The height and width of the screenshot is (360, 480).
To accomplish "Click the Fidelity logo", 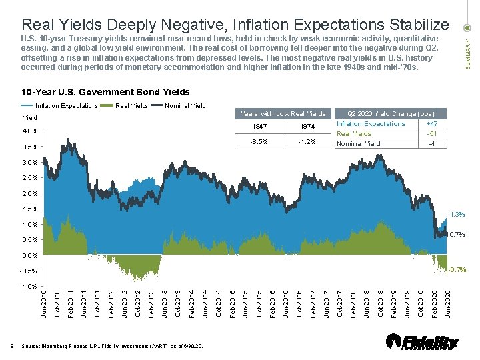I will (423, 341).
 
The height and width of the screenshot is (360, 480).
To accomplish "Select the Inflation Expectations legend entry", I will (66, 105).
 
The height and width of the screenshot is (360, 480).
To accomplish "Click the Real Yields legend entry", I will (132, 105).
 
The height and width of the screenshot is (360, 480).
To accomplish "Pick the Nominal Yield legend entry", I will (185, 105).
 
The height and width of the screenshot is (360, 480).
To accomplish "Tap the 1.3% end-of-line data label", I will (458, 215).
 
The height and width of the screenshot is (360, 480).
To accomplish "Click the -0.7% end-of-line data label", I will (457, 270).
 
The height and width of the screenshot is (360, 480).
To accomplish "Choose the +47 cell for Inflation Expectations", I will (432, 124).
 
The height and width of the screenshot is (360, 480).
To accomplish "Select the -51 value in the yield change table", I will (432, 134).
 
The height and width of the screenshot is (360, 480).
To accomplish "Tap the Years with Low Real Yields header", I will (283, 114).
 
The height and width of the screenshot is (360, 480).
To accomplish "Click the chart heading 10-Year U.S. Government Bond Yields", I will (105, 92).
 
